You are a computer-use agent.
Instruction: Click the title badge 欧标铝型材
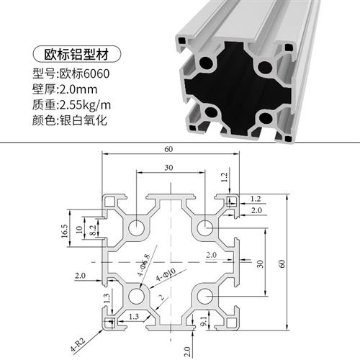coord(75,55)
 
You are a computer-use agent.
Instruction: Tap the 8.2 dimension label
coord(81,230)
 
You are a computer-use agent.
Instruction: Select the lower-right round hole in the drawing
coord(204,296)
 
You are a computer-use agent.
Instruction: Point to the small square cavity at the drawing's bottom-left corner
coord(109,322)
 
